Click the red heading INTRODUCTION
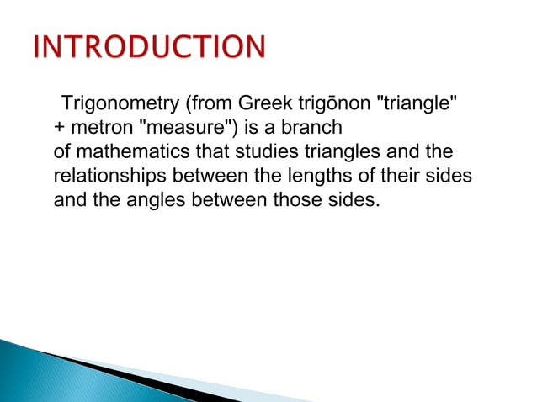coord(149,48)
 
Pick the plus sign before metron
coord(59,130)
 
